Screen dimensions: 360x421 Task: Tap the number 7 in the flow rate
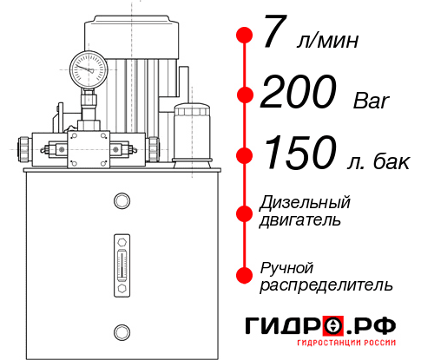(274, 35)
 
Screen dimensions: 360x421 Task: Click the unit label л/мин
(326, 40)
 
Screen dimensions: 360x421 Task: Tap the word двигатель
(300, 220)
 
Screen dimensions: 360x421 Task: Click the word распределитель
(326, 284)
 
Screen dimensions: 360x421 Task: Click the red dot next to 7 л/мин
(244, 36)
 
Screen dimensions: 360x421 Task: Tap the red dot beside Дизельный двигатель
(244, 212)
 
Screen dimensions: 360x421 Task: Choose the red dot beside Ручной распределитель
(244, 274)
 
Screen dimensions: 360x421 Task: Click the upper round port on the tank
(122, 202)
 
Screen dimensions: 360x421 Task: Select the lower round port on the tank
(122, 331)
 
